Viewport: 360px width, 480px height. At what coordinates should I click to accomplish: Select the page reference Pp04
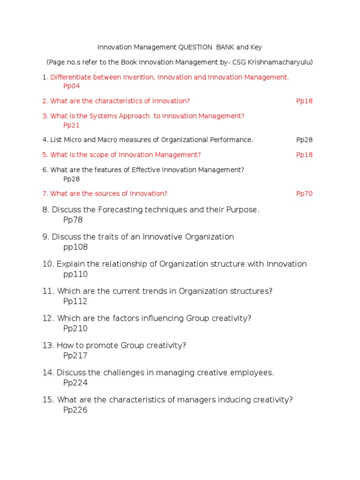click(x=71, y=86)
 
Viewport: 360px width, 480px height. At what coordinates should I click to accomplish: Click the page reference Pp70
click(x=304, y=194)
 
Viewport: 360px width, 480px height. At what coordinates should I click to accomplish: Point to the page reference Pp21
click(x=71, y=125)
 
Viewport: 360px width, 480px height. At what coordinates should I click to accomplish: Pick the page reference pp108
click(x=75, y=247)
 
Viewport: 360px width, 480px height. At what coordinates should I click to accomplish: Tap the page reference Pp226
click(x=75, y=410)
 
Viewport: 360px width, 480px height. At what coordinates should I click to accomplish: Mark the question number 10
click(x=48, y=264)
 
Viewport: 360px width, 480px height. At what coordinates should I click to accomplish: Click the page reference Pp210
click(x=75, y=329)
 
